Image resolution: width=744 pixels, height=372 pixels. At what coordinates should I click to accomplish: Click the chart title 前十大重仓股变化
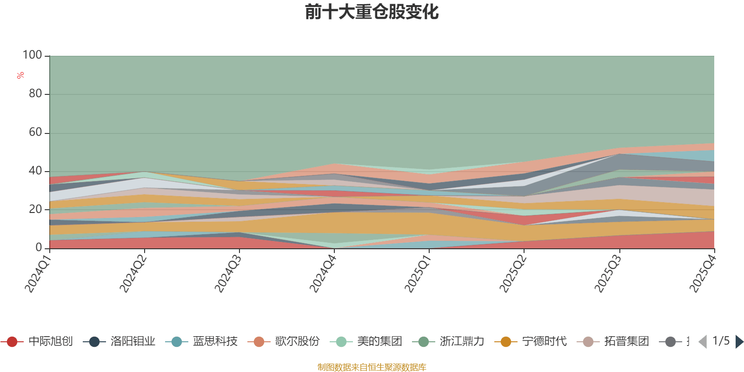point(372,12)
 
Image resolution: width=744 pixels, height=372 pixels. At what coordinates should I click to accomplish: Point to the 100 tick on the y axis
point(33,55)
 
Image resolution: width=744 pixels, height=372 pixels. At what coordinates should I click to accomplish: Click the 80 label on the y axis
point(35,93)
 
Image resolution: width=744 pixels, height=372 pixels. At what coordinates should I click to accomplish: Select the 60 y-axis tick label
point(35,132)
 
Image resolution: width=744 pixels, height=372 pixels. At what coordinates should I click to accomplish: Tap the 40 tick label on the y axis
point(35,171)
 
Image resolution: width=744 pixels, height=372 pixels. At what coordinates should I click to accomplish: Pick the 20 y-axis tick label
point(35,209)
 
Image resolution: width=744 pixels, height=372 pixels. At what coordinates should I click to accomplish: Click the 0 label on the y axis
point(39,247)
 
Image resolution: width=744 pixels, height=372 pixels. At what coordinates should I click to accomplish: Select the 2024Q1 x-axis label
point(38,274)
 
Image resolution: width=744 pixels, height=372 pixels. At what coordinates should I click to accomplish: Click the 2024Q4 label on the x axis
point(322,274)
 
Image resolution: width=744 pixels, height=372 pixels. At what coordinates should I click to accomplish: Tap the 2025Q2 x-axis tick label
point(512,274)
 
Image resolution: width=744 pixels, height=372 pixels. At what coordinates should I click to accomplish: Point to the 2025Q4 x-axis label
point(702,274)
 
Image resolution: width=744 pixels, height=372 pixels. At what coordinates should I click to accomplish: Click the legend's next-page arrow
point(739,342)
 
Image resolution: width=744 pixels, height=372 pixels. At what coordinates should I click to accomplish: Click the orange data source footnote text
point(372,367)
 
